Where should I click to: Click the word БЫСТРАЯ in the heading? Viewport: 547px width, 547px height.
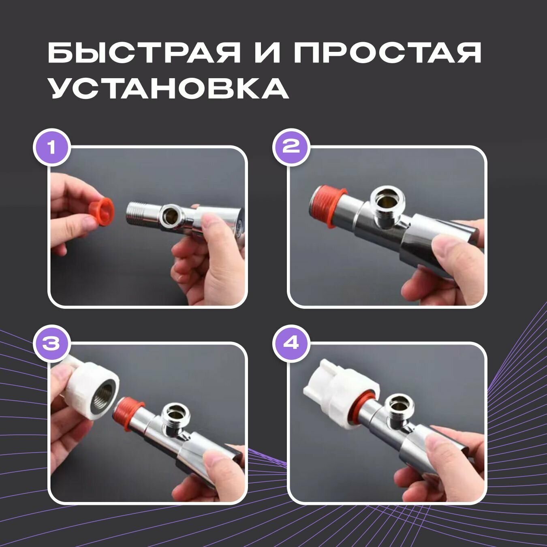pos(143,53)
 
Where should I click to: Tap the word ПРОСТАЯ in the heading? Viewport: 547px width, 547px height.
pos(387,53)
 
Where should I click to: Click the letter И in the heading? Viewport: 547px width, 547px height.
pos(266,53)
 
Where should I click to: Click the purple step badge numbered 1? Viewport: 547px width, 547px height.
pos(51,148)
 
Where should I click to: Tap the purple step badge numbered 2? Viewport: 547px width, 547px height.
pos(291,148)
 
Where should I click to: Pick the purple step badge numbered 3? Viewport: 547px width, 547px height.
pos(51,344)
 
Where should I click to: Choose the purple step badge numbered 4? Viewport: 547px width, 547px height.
pos(291,344)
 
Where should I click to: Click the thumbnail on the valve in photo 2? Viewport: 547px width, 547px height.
pos(445,250)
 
